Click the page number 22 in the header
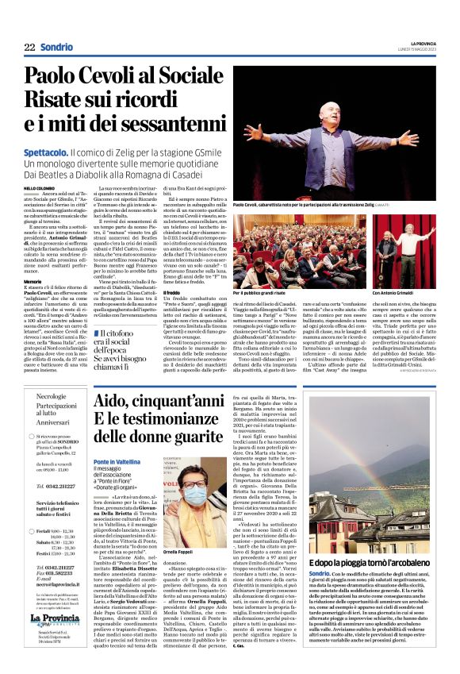pos(29,47)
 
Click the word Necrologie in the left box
pos(52,395)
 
